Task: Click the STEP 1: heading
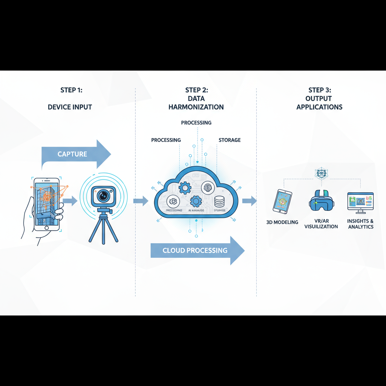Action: coord(71,90)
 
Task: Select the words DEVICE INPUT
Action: coord(70,107)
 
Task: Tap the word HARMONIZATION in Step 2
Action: coord(196,107)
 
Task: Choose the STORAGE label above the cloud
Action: coord(229,140)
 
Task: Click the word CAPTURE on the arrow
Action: coord(72,154)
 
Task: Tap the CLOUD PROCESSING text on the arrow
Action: coord(195,250)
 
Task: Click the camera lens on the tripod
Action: coord(103,196)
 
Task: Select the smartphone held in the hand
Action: coord(47,204)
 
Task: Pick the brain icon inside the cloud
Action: coord(208,187)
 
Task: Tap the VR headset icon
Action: coord(321,201)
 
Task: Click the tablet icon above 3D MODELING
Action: coord(283,201)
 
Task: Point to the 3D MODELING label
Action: coord(282,222)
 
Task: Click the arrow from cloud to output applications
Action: coord(249,201)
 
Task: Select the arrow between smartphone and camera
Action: coord(70,201)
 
